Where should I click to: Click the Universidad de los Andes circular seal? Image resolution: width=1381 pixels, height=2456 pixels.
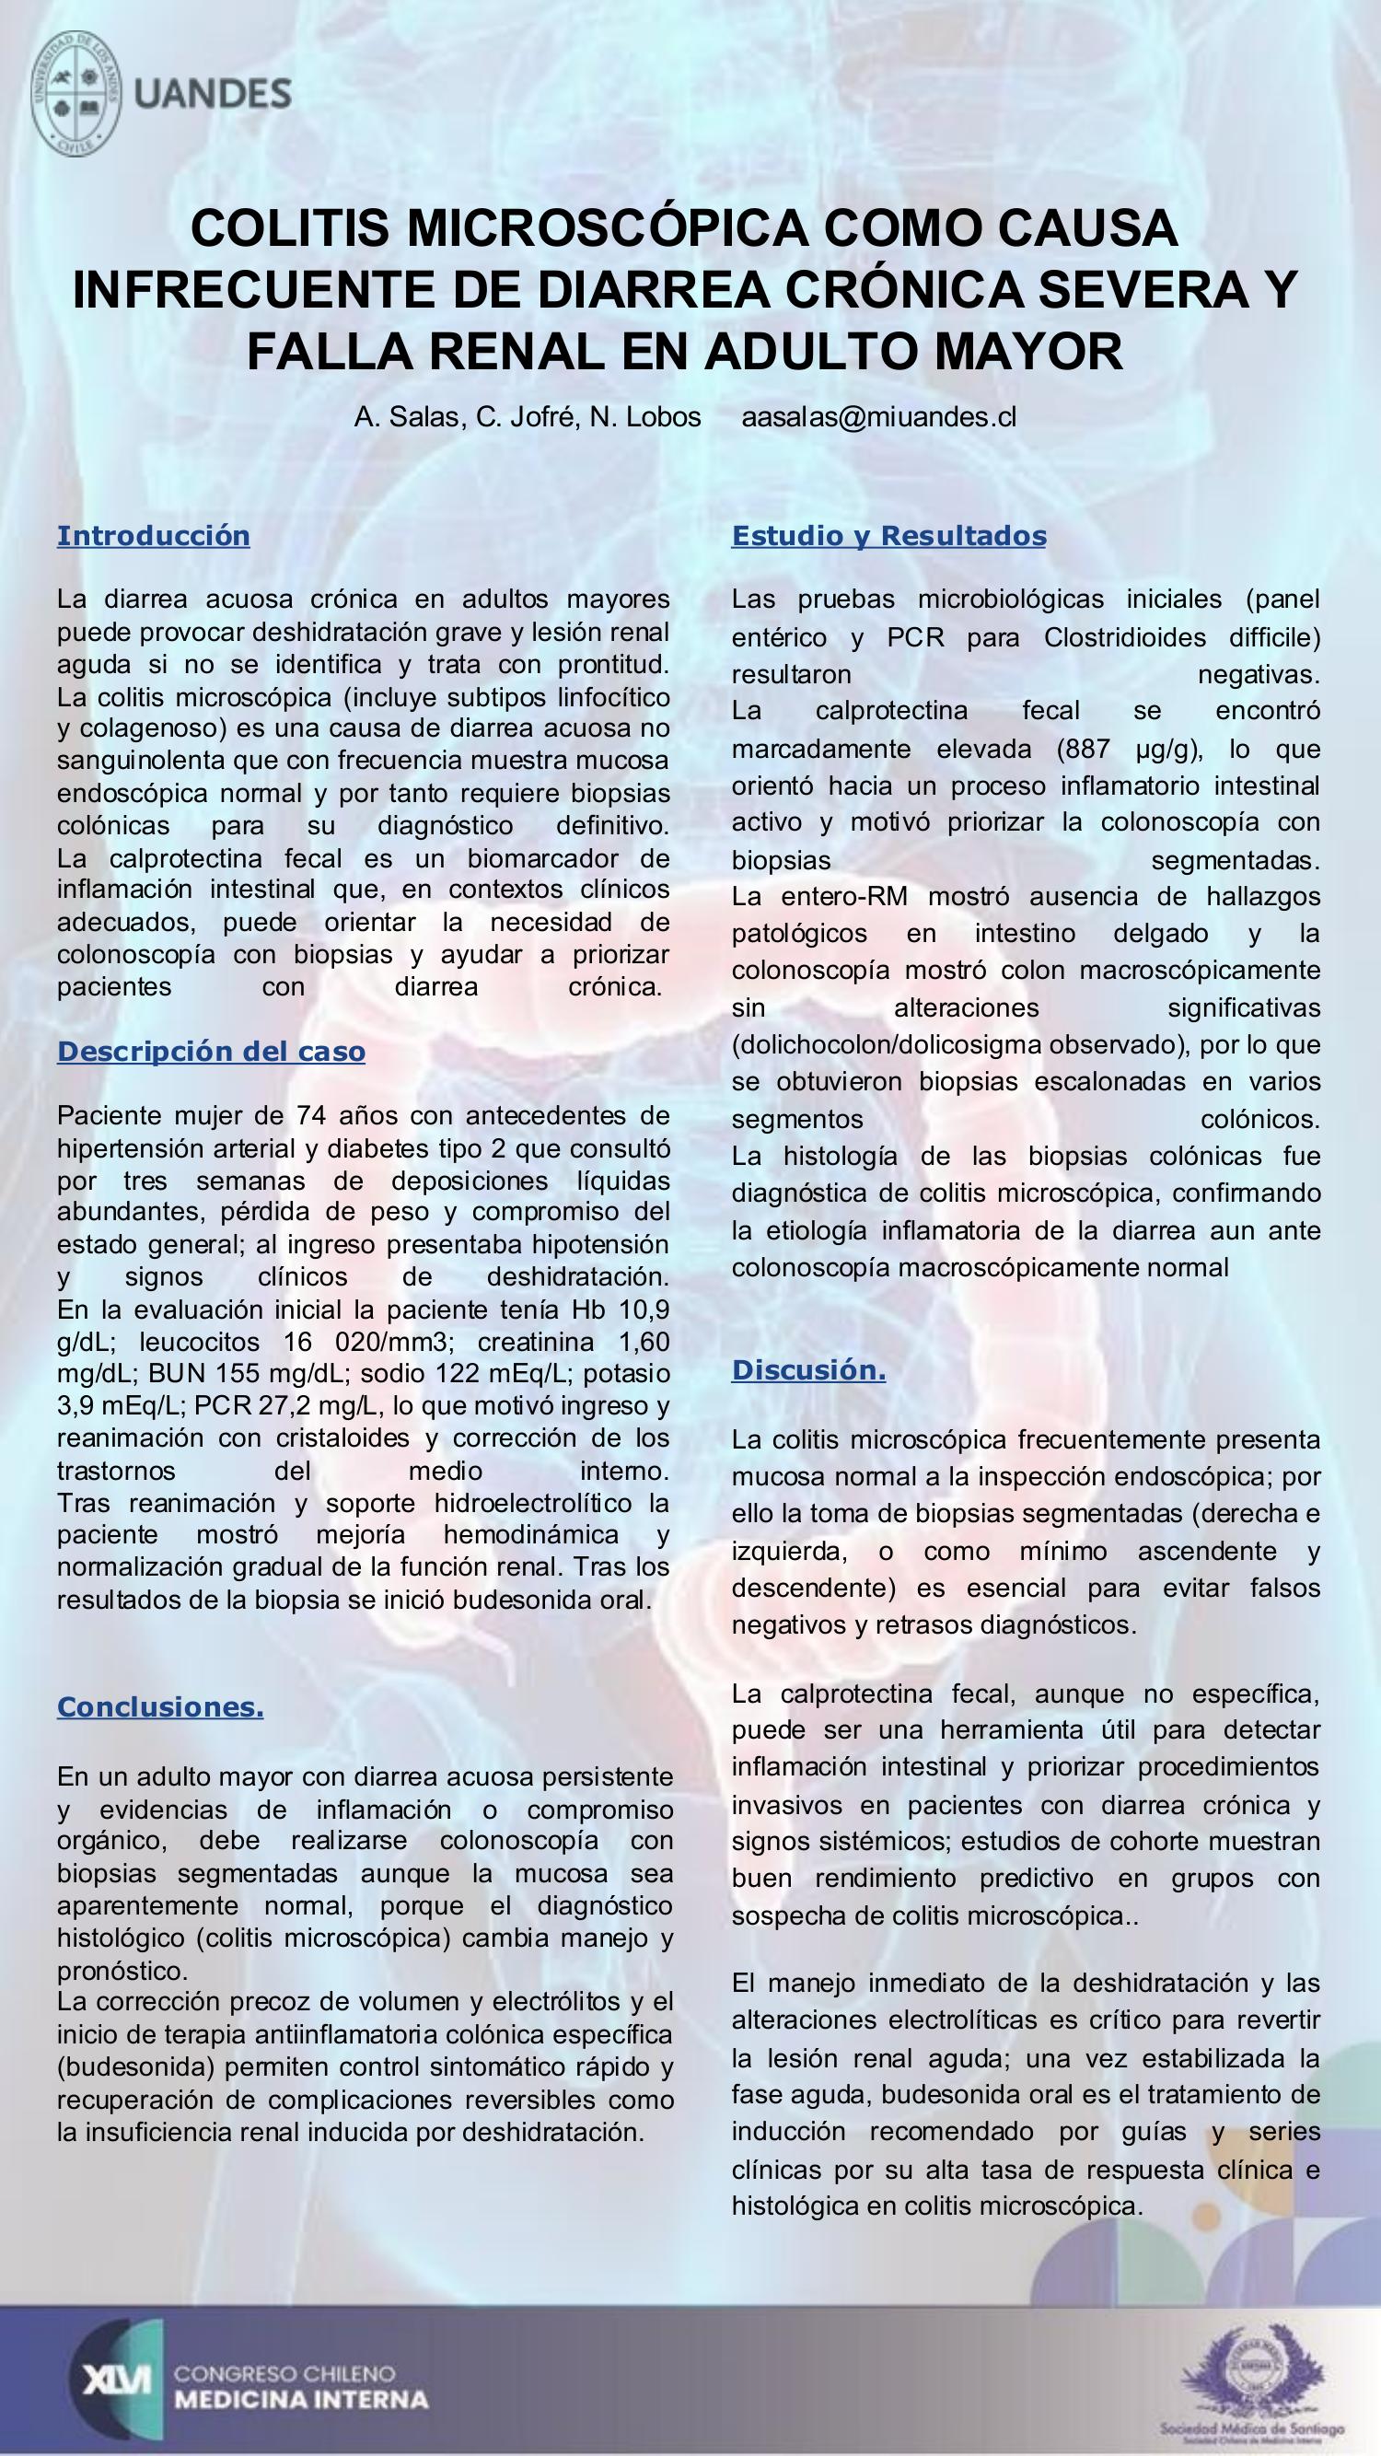76,93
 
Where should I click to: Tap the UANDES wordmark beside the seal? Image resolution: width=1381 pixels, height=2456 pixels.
213,94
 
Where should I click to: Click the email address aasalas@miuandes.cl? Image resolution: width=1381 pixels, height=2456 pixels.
878,416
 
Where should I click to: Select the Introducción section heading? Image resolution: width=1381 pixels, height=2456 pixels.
154,536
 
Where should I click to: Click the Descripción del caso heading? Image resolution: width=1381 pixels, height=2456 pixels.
211,1052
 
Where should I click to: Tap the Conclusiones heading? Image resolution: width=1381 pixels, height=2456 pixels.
160,1706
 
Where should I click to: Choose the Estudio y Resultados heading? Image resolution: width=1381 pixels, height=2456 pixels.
888,536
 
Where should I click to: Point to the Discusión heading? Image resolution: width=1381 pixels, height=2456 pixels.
808,1370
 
